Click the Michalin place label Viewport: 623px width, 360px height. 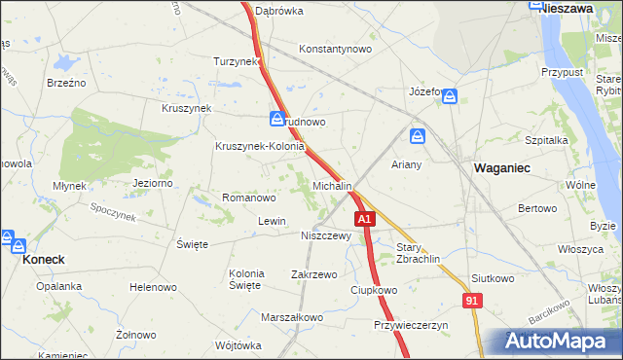pos(332,185)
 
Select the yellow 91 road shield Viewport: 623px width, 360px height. pos(472,303)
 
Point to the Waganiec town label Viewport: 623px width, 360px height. pos(501,167)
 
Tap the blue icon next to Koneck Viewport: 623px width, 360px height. pos(7,239)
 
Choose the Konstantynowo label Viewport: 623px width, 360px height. pos(336,49)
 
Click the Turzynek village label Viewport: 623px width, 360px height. pos(237,60)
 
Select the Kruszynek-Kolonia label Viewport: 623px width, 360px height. pos(260,147)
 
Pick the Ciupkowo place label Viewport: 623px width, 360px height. pos(375,290)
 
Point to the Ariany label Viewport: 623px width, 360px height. pos(406,164)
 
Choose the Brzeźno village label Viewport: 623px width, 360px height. pos(66,83)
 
